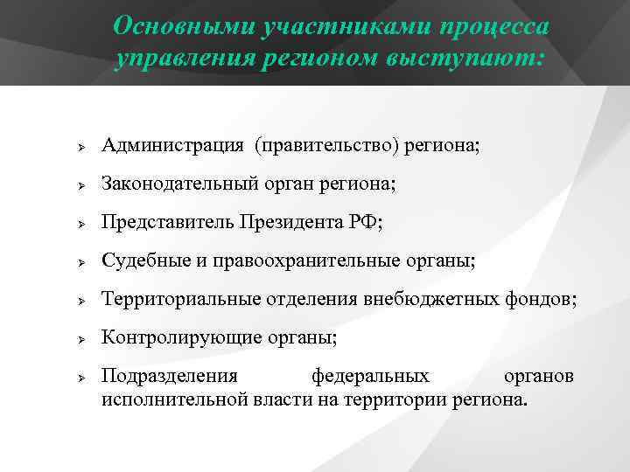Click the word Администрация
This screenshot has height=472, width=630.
[172, 144]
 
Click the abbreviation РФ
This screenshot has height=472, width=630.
[367, 222]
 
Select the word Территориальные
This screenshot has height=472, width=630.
[180, 299]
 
